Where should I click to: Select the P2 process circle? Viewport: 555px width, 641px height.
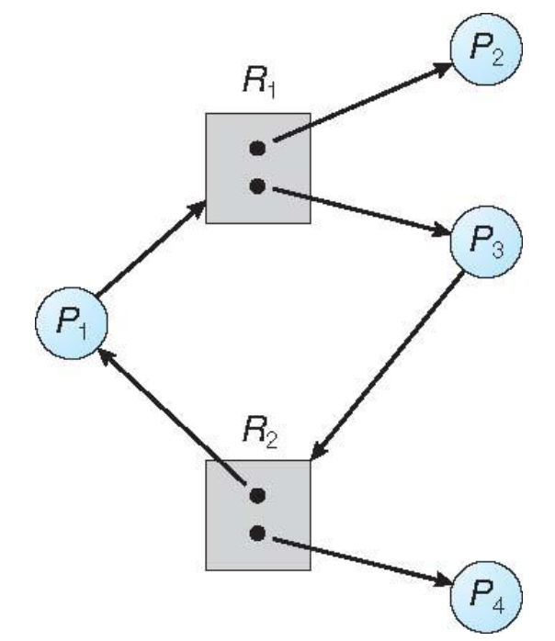[486, 46]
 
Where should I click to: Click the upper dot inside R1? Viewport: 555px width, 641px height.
[258, 148]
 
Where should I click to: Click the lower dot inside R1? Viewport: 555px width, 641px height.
[258, 186]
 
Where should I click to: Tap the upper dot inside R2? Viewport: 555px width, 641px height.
[258, 495]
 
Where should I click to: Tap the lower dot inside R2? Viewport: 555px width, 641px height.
[258, 533]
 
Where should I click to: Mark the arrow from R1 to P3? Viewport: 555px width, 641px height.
[358, 211]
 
